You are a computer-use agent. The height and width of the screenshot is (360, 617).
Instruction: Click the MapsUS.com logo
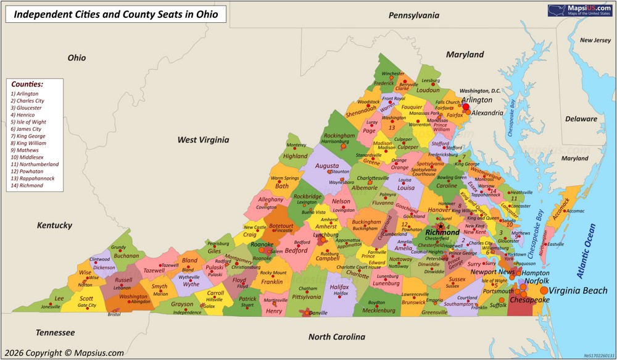[x=581, y=10]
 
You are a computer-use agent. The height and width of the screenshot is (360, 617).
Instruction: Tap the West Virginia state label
[x=203, y=140]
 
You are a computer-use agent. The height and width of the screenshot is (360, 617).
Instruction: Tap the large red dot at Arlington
[x=466, y=107]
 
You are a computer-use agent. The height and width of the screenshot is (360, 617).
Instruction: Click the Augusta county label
[x=326, y=165]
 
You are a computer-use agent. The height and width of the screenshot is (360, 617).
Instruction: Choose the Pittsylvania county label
[x=307, y=297]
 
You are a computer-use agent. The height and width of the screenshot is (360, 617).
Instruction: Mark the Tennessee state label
[x=55, y=332]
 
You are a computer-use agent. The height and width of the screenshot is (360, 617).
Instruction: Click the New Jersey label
[x=595, y=40]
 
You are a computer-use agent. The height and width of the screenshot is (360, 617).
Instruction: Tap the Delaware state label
[x=582, y=119]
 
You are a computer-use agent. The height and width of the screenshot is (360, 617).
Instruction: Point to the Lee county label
[x=59, y=298]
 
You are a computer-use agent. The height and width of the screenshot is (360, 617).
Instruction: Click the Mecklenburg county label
[x=378, y=311]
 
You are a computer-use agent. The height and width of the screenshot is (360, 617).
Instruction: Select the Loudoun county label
[x=428, y=90]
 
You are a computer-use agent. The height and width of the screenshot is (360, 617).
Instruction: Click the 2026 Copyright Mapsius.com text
[x=64, y=353]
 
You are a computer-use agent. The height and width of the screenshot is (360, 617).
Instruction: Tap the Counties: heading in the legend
[x=27, y=83]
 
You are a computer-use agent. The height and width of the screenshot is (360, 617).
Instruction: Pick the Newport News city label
[x=492, y=272]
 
